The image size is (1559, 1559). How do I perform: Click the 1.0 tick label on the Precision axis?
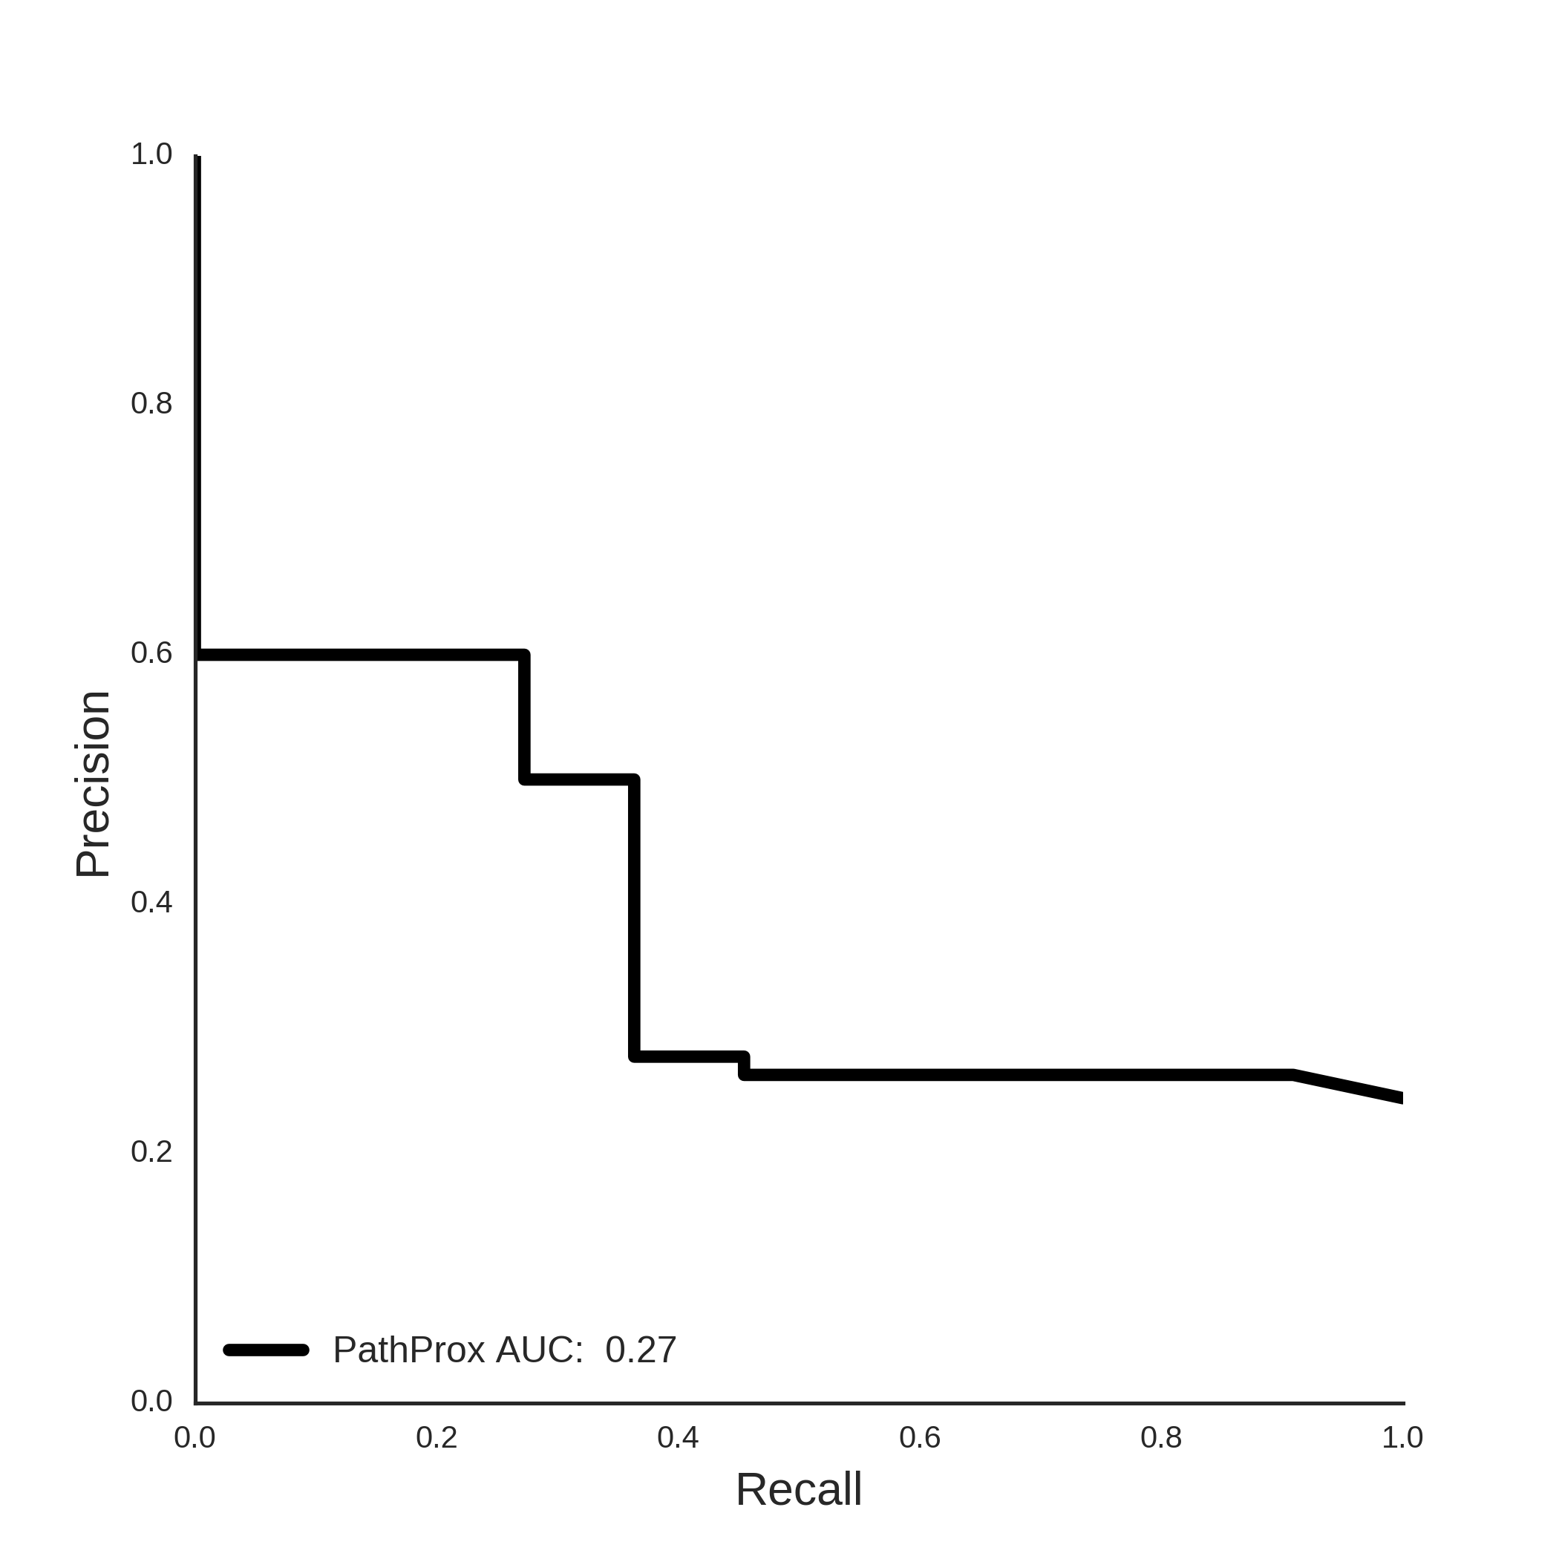pyautogui.click(x=151, y=154)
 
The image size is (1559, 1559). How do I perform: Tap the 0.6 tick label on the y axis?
pyautogui.click(x=151, y=653)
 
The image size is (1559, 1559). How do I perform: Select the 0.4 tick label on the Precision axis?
pyautogui.click(x=151, y=902)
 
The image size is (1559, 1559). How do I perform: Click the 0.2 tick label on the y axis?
pyautogui.click(x=151, y=1151)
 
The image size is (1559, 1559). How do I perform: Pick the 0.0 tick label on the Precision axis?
pyautogui.click(x=151, y=1401)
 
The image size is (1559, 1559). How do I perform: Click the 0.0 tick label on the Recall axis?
pyautogui.click(x=195, y=1437)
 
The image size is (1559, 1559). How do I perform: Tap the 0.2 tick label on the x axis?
pyautogui.click(x=437, y=1437)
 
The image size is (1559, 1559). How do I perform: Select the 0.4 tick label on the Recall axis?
pyautogui.click(x=678, y=1437)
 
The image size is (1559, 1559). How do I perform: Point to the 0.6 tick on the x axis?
pyautogui.click(x=920, y=1437)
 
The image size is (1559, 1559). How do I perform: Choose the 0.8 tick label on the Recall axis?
pyautogui.click(x=1161, y=1437)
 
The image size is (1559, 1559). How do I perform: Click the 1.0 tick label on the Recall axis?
pyautogui.click(x=1402, y=1437)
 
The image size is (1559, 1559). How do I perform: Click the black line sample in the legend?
pyautogui.click(x=267, y=1350)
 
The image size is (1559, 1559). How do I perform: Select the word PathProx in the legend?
pyautogui.click(x=409, y=1350)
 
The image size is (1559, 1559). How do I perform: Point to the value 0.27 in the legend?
pyautogui.click(x=641, y=1350)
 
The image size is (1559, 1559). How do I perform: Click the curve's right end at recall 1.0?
pyautogui.click(x=1402, y=1098)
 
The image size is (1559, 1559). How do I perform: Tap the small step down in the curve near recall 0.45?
pyautogui.click(x=744, y=1065)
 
